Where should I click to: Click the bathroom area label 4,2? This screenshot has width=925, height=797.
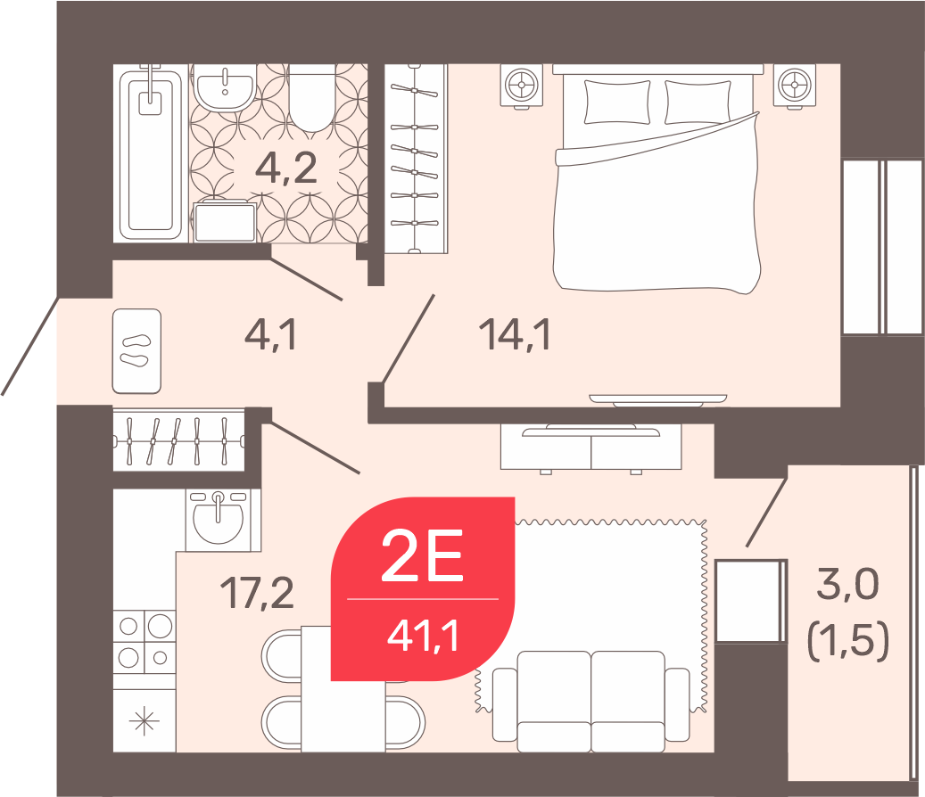click(286, 168)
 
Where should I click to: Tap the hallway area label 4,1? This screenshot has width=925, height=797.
click(270, 333)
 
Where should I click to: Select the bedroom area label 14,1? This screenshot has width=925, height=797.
click(515, 334)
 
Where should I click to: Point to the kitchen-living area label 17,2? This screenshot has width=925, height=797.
click(257, 593)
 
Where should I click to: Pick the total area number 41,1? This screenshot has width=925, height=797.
click(423, 637)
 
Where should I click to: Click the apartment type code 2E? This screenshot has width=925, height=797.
click(422, 555)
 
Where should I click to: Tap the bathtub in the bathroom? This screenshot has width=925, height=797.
click(151, 154)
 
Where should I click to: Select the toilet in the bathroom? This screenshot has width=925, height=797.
click(312, 97)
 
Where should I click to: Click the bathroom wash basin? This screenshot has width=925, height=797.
click(225, 87)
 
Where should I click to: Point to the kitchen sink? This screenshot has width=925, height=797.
click(218, 519)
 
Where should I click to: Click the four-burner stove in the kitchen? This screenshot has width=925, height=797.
click(145, 641)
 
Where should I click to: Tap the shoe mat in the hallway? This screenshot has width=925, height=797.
click(136, 350)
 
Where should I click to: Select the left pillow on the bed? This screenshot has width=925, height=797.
click(617, 102)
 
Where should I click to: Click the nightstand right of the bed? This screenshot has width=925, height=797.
click(795, 86)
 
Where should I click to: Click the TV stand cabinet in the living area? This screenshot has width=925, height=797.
click(591, 448)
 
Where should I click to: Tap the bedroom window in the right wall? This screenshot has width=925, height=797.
click(882, 248)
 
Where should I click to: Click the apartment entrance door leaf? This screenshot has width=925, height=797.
click(30, 346)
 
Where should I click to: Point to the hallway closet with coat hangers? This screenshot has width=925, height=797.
click(178, 440)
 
